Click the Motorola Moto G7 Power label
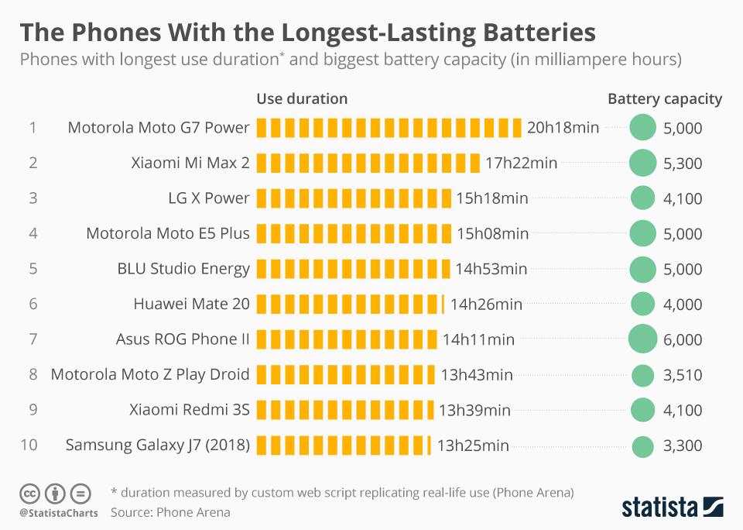pyautogui.click(x=159, y=128)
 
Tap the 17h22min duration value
pyautogui.click(x=522, y=163)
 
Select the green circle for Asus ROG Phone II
pyautogui.click(x=642, y=339)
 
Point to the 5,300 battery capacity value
pyautogui.click(x=683, y=163)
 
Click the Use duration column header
pyautogui.click(x=302, y=98)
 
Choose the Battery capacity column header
pyautogui.click(x=665, y=98)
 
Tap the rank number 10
pyautogui.click(x=29, y=445)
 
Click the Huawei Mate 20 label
pyautogui.click(x=191, y=304)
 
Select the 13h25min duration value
pyautogui.click(x=473, y=445)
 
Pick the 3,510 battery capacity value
pyautogui.click(x=683, y=375)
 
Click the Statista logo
pyautogui.click(x=673, y=507)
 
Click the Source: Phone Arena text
pyautogui.click(x=170, y=512)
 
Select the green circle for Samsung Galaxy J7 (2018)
pyautogui.click(x=642, y=446)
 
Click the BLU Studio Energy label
pyautogui.click(x=183, y=269)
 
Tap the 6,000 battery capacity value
pyautogui.click(x=683, y=339)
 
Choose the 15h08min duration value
pyautogui.click(x=493, y=233)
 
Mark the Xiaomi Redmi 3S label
pyautogui.click(x=190, y=410)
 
